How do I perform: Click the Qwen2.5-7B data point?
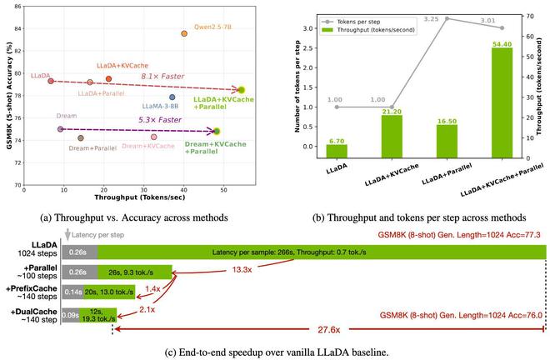184,33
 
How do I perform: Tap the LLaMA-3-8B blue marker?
172,97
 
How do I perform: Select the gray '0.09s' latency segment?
71,315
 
